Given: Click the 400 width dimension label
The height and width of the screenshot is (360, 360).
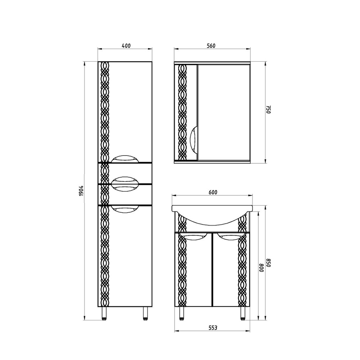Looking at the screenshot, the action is [x=126, y=46].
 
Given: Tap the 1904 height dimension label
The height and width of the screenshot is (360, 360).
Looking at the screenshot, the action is [x=81, y=190].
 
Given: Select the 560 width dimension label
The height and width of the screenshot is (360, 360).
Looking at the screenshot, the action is [x=211, y=46].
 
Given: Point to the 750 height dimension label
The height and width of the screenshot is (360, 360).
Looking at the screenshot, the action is [x=269, y=109].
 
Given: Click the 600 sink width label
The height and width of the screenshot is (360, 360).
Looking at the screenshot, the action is [x=213, y=192].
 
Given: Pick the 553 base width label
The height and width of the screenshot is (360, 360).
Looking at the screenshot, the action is [x=213, y=328].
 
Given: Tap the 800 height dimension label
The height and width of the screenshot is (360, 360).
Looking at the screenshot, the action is [x=261, y=267].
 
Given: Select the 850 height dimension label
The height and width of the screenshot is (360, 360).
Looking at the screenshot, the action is [x=269, y=263].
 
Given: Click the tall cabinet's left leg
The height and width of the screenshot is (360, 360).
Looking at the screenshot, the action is [x=104, y=313].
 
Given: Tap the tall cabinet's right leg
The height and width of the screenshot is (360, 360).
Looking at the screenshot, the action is [x=145, y=313].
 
